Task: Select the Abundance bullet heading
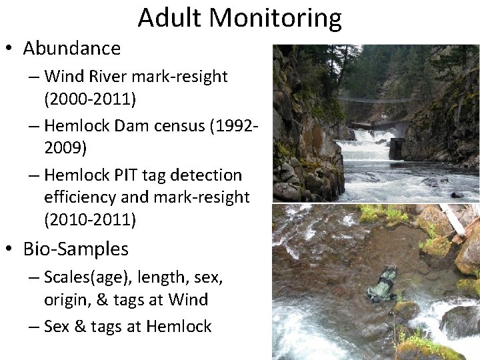click(x=71, y=48)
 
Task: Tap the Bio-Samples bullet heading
click(x=75, y=249)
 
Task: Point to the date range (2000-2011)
click(x=90, y=99)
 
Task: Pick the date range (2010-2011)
click(x=90, y=219)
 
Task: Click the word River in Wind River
click(x=113, y=77)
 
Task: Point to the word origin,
click(x=69, y=300)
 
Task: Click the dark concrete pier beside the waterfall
click(x=396, y=149)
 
